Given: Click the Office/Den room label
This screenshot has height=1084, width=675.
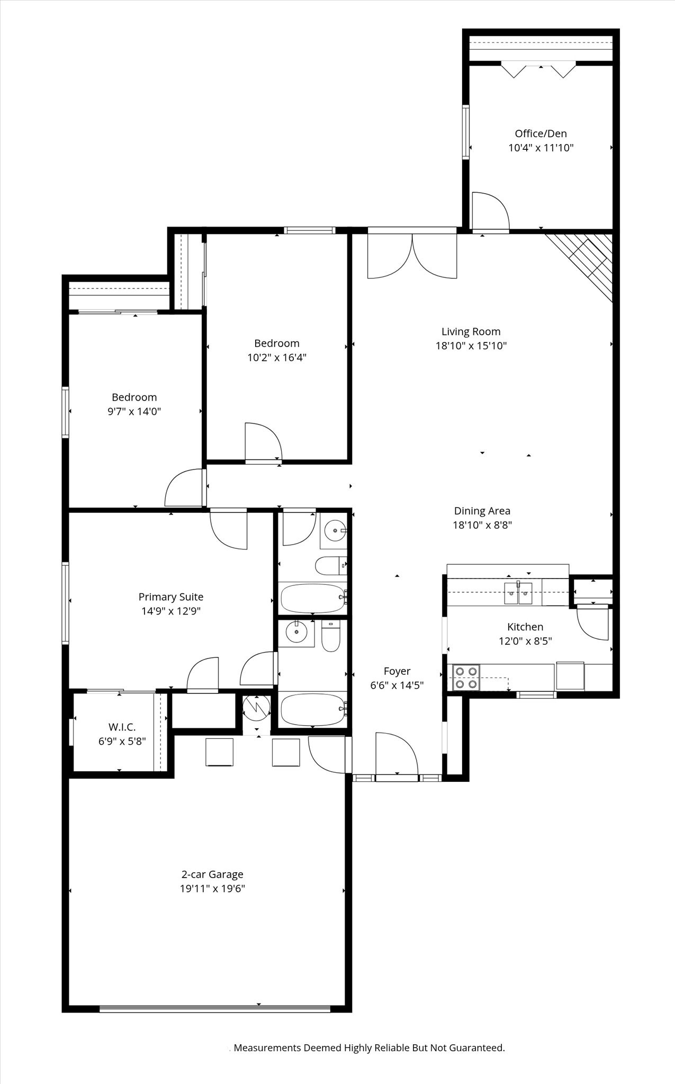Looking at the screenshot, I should (x=541, y=134).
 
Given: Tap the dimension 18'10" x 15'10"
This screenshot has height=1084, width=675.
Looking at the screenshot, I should (x=471, y=346).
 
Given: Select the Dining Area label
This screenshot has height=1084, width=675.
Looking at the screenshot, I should (x=482, y=511).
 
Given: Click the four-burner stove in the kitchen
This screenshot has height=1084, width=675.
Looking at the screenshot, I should (x=466, y=677).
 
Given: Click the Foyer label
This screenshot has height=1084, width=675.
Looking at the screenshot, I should (x=397, y=671).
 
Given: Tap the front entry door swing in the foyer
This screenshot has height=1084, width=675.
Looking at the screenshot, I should (x=396, y=754).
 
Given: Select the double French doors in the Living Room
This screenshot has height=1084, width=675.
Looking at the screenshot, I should (x=412, y=256).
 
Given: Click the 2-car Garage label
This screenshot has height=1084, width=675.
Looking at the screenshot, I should (x=212, y=874).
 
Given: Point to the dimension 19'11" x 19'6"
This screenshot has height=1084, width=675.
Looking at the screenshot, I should (x=212, y=889).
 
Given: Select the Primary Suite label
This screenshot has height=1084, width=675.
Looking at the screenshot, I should (x=171, y=597).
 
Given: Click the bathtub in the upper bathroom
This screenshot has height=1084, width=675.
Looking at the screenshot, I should (x=312, y=598).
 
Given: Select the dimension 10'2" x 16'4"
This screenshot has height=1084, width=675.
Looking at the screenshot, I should (x=277, y=358).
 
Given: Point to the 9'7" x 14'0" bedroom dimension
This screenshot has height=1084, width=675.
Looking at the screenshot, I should (x=134, y=412).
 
